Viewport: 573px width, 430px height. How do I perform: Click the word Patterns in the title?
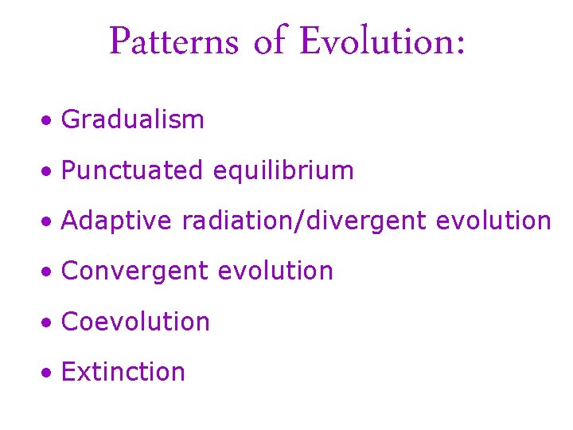point(173,41)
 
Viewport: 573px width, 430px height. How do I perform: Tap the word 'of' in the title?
point(268,41)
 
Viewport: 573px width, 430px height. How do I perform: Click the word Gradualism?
point(133,120)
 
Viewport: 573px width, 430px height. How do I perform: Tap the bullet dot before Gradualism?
point(49,121)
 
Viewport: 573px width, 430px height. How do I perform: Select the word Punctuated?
point(132,170)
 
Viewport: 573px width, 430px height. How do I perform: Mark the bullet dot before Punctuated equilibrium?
point(49,171)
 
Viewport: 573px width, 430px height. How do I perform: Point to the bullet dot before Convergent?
point(49,272)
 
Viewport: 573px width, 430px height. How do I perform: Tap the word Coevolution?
point(135,322)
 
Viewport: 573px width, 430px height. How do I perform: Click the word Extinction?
point(123,372)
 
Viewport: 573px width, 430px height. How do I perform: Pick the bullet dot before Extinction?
point(49,373)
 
